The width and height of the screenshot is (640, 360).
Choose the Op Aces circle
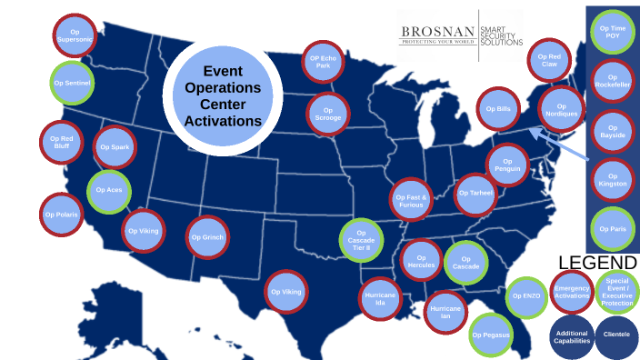coord(109,191)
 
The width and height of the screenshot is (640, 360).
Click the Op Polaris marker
coord(62,215)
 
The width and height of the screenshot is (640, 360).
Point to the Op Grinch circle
coord(207,238)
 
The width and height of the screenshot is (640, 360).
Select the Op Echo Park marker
coord(323,62)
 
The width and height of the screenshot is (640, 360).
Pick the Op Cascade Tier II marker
coord(362,240)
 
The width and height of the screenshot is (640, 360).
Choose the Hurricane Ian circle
coord(446,311)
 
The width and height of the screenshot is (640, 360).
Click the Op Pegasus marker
coord(492,335)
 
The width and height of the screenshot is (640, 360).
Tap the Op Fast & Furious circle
coord(412,199)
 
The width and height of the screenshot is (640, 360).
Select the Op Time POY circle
coord(612,33)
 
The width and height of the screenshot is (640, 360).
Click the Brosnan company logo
coord(462,35)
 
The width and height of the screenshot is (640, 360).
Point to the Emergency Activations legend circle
coord(572,291)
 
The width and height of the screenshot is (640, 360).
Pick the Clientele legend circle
coord(617,334)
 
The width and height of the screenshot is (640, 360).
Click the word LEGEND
coord(592,261)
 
